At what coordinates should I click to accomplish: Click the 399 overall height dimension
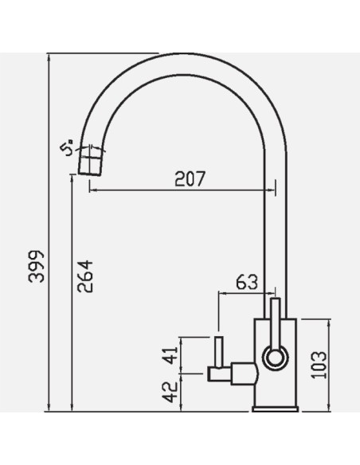(x=36, y=267)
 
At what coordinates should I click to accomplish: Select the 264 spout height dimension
(x=85, y=276)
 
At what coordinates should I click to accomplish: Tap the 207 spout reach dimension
(x=190, y=178)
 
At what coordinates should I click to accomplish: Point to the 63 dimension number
(x=247, y=282)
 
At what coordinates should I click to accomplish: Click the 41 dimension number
(x=170, y=355)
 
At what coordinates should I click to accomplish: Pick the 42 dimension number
(x=171, y=392)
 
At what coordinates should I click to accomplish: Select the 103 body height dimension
(x=319, y=365)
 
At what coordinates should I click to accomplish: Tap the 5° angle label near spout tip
(x=67, y=147)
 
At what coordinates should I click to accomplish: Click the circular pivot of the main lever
(x=276, y=358)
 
